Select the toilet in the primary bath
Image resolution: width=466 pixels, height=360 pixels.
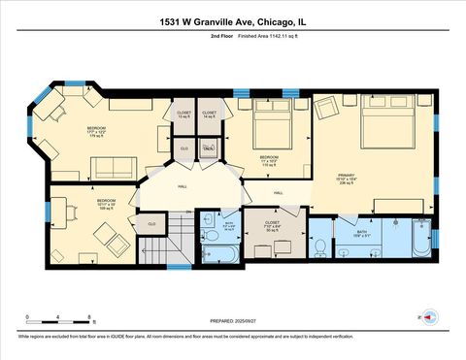[318, 246]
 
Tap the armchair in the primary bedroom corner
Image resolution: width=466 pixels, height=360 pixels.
[323, 108]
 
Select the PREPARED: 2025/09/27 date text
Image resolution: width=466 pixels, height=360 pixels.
[233, 320]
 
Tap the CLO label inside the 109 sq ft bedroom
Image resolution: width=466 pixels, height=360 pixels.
[150, 224]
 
